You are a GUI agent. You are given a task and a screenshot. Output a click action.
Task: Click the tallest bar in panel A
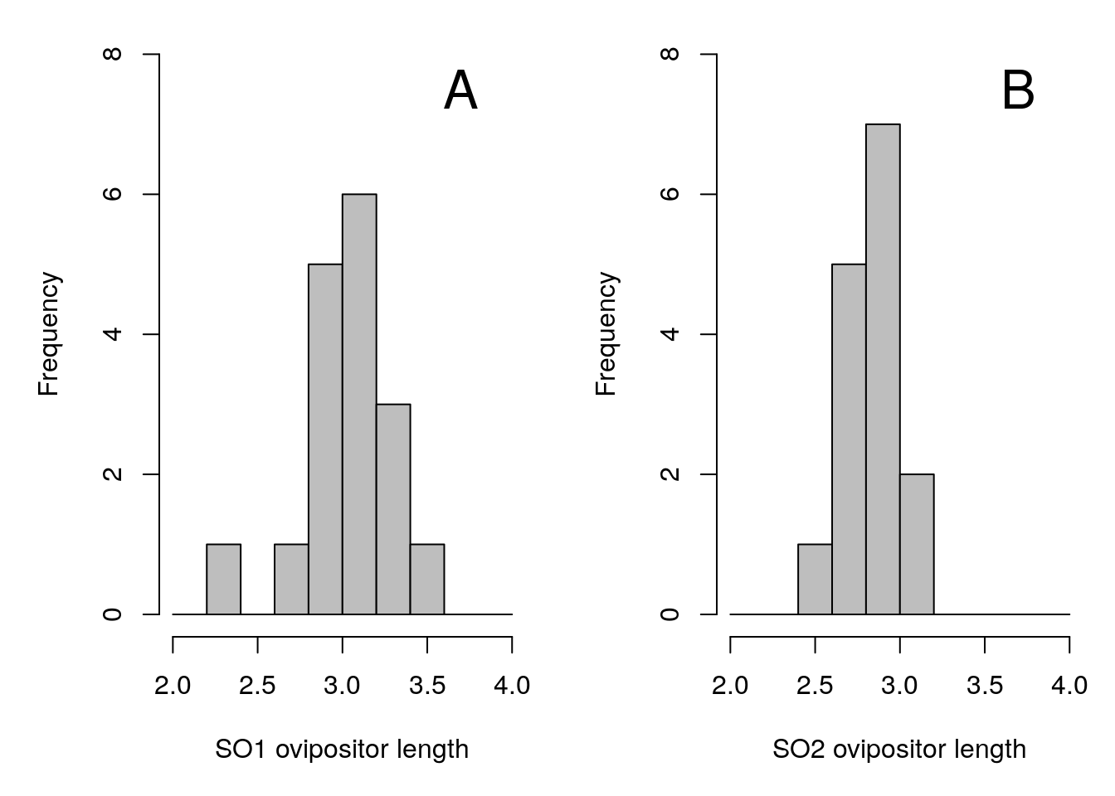[x=359, y=404]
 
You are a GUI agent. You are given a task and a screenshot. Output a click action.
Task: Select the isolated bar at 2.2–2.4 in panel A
[x=223, y=579]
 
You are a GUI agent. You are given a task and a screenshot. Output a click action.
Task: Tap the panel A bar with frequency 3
[x=393, y=509]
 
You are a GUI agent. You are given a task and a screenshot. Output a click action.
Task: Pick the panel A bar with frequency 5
[x=325, y=439]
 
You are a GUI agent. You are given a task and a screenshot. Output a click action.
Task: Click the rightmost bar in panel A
[x=427, y=579]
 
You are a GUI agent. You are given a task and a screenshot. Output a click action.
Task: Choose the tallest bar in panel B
[x=883, y=369]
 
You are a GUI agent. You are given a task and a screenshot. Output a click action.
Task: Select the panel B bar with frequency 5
[x=849, y=439]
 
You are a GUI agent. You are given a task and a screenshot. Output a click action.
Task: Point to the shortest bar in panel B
[x=815, y=579]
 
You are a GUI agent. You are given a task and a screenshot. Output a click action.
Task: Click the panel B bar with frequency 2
[x=917, y=544]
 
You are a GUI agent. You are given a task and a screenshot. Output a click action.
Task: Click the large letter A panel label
[x=460, y=90]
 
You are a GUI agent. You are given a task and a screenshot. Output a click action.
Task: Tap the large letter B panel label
[x=1018, y=90]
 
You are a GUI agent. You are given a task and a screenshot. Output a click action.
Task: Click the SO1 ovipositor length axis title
[x=342, y=750]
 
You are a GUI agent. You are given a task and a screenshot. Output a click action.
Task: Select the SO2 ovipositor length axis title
[x=899, y=750]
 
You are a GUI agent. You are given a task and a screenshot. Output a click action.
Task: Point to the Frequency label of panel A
[x=49, y=334]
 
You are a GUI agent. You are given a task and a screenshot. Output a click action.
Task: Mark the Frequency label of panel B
[x=606, y=334]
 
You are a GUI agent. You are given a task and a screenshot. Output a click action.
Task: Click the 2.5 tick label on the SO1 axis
[x=257, y=686]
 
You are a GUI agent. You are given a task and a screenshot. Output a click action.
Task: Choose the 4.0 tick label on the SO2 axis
[x=1069, y=686]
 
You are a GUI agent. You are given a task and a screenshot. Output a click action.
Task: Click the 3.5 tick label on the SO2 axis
[x=985, y=686]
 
